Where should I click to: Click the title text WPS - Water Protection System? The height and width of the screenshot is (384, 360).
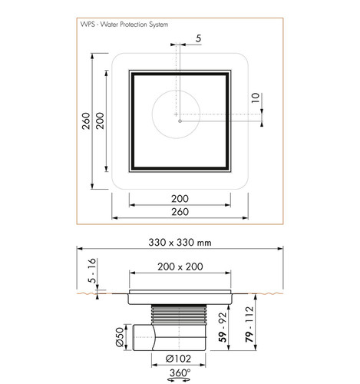[x=124, y=25]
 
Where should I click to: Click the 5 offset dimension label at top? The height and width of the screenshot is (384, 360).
[x=199, y=38]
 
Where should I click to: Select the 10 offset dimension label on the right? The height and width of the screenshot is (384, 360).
[x=256, y=98]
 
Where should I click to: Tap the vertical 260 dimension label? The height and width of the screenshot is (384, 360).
[x=86, y=121]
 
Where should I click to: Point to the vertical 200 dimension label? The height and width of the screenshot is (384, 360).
[x=100, y=121]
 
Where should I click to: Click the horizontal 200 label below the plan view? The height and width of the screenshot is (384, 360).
[x=180, y=199]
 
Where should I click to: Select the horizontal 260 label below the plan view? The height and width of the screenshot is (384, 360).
[x=180, y=212]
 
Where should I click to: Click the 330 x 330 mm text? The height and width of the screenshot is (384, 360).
[x=180, y=243]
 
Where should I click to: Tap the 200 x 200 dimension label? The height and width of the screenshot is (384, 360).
[x=180, y=266]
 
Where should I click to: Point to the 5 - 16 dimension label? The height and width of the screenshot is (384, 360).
[x=92, y=270]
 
